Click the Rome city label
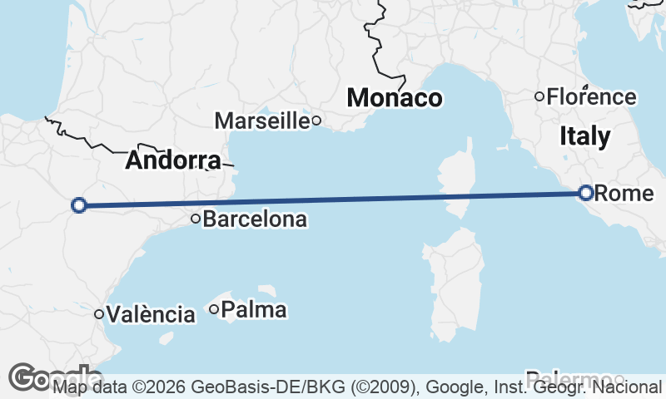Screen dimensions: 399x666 pyautogui.click(x=625, y=194)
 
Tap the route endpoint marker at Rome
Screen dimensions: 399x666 pyautogui.click(x=585, y=193)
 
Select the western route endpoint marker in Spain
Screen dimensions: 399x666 pyautogui.click(x=79, y=205)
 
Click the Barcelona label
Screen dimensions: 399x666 pyautogui.click(x=255, y=220)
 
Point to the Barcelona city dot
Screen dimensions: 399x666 pyautogui.click(x=196, y=219)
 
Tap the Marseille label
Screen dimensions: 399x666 pyautogui.click(x=261, y=121)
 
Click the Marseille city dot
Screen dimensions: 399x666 pyautogui.click(x=316, y=121)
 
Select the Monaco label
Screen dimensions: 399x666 pyautogui.click(x=395, y=98)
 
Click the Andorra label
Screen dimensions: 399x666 pyautogui.click(x=173, y=161)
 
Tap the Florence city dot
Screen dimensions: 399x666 pyautogui.click(x=539, y=97)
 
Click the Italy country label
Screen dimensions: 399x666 pyautogui.click(x=584, y=136)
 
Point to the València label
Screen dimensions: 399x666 pyautogui.click(x=151, y=314)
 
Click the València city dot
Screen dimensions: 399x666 pyautogui.click(x=99, y=314)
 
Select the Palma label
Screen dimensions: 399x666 pyautogui.click(x=255, y=310)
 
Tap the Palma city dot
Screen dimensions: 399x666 pyautogui.click(x=214, y=310)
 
